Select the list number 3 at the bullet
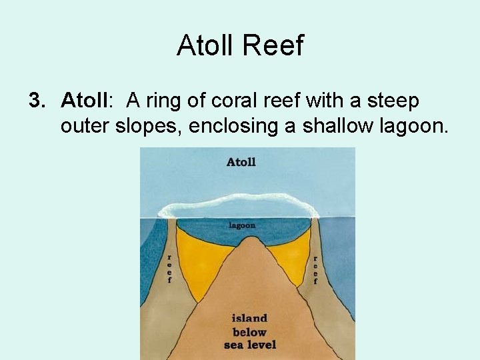point(36,101)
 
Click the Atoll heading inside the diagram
point(241,162)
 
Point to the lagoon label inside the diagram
point(242,225)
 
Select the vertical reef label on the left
point(169,269)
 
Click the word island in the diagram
point(249,318)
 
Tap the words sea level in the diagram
point(249,345)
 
